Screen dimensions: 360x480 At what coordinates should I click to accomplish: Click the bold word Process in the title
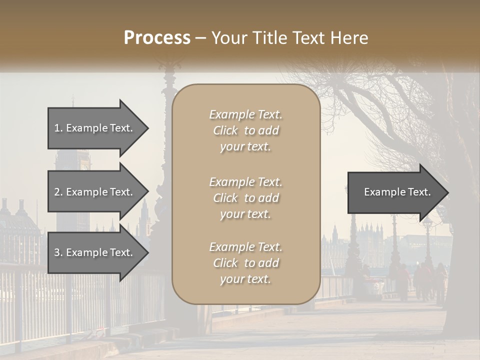[157, 38]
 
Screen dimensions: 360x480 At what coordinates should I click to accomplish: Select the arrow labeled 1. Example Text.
[95, 128]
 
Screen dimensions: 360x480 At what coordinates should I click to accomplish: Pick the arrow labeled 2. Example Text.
[95, 192]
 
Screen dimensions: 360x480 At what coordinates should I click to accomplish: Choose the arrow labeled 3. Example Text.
[95, 253]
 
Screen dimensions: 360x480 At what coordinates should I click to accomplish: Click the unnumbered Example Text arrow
[395, 192]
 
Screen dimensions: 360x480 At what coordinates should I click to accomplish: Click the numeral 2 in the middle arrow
[57, 192]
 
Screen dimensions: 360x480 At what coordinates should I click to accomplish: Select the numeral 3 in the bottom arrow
[57, 253]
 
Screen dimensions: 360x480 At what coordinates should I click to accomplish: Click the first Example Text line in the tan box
[245, 114]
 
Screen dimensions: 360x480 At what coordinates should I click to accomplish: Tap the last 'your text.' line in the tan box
[245, 279]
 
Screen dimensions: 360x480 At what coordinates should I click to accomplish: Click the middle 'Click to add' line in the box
[245, 198]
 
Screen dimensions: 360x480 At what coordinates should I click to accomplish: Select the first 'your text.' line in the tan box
[245, 147]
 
